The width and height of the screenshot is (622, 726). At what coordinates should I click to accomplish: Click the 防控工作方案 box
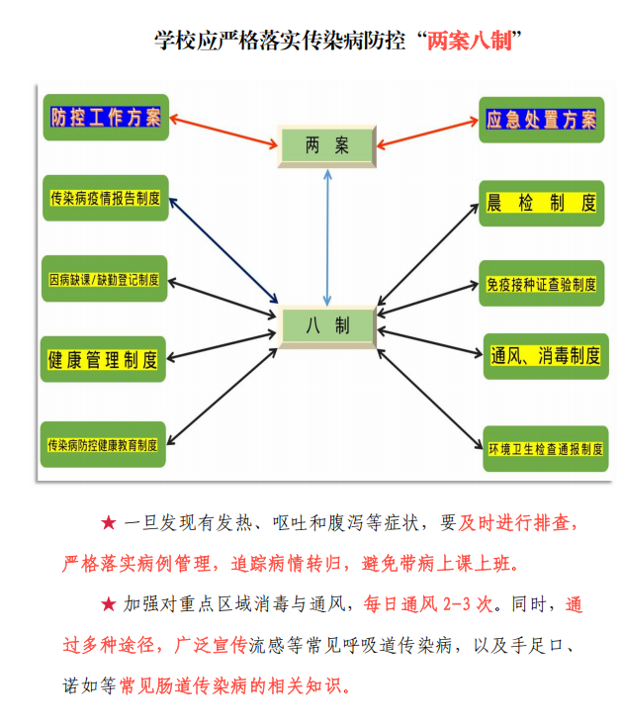point(106,118)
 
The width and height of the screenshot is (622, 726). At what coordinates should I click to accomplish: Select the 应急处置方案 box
point(541,121)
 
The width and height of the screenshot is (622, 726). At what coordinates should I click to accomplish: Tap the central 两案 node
point(327,146)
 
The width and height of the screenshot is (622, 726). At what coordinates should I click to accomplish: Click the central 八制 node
point(327,325)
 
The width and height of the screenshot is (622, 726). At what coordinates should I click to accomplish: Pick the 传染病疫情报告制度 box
point(105,198)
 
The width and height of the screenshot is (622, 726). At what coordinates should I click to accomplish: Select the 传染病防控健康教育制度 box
point(104,445)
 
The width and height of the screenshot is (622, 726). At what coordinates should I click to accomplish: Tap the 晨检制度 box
point(541,204)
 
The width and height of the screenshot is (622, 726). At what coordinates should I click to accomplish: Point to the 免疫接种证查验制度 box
point(541,284)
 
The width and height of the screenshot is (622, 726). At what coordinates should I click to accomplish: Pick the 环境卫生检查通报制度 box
point(544,449)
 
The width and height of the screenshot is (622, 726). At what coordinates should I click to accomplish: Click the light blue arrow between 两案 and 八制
point(327,237)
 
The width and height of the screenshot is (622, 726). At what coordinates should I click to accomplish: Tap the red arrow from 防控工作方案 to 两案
point(222,133)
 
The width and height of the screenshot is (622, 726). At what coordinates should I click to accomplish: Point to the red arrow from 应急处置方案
point(427,134)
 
